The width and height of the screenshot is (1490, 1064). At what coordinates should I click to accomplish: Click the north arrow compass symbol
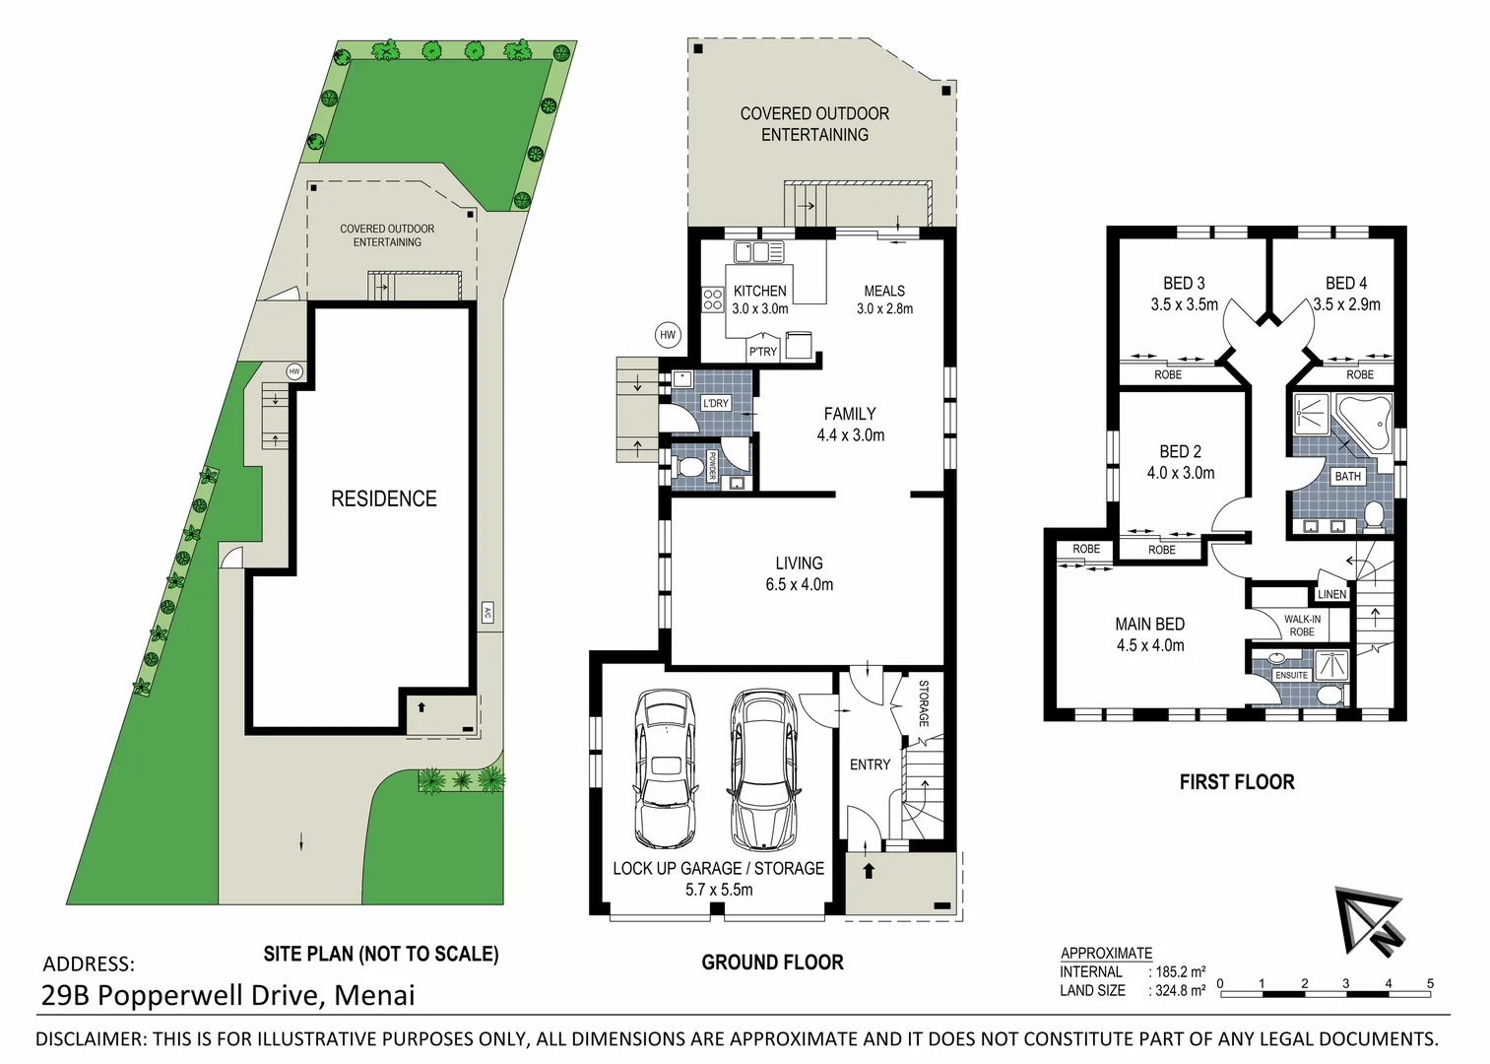1371,920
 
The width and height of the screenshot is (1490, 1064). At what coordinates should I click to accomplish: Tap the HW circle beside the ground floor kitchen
668,335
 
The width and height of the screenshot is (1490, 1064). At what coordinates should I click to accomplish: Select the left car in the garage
665,768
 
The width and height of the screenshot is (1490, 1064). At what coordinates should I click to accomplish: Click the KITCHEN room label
759,292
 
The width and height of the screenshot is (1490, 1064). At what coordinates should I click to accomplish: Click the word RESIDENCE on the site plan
383,499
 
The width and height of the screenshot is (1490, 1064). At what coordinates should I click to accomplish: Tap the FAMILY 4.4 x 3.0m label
850,425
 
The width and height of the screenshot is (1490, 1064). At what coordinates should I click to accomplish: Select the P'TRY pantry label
762,352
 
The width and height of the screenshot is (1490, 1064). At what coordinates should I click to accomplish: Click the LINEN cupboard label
1331,594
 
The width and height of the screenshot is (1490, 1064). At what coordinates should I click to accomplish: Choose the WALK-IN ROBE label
1302,626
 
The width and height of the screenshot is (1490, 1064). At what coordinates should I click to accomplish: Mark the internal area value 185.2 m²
1181,971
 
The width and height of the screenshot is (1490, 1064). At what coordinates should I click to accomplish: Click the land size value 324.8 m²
1181,990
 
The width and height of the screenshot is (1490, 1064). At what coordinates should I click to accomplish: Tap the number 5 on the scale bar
1430,983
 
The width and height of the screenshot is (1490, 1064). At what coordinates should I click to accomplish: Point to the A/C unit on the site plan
486,613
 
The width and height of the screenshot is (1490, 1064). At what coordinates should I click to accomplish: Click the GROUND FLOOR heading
772,963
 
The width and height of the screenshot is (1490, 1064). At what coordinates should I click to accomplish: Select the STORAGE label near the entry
924,703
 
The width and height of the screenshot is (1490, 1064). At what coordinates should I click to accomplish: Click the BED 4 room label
1345,284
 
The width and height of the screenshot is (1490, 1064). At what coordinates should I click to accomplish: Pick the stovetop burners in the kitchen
713,299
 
